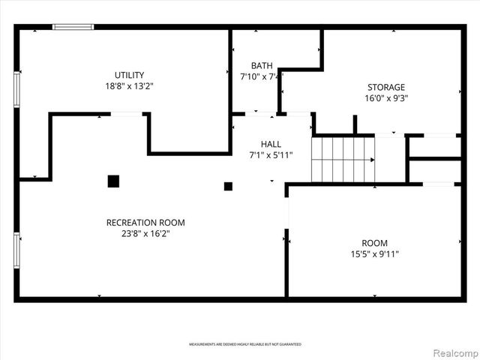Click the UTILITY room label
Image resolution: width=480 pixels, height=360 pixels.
tap(129, 75)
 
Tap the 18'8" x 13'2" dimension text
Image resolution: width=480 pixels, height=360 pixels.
tap(129, 85)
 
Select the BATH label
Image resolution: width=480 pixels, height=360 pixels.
tap(262, 65)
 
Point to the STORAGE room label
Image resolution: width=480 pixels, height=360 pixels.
tap(385, 87)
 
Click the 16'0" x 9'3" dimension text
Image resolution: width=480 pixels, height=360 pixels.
tap(385, 97)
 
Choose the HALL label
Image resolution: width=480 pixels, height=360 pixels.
tap(271, 144)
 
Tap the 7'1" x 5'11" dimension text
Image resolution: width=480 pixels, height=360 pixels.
tap(271, 155)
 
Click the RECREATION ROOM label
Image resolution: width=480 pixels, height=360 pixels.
tap(145, 223)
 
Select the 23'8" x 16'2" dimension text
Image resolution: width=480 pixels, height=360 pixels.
tap(145, 233)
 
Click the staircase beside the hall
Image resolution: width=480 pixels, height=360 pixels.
tap(343, 160)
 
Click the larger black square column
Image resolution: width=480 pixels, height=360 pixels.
tap(113, 181)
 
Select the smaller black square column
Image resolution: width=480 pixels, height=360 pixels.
tap(229, 186)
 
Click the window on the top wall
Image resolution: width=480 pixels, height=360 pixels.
tap(73, 27)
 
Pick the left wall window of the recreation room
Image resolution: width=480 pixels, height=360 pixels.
tap(16, 250)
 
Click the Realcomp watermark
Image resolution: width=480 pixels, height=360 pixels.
tap(453, 352)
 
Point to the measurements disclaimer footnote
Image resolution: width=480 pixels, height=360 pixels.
tap(245, 344)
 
